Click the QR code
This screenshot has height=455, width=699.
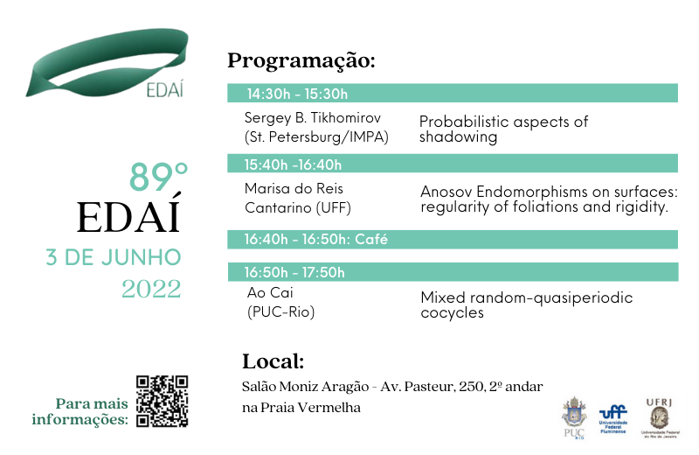click(162, 401)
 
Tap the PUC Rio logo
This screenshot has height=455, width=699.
click(574, 417)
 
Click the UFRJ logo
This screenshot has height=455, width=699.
click(660, 418)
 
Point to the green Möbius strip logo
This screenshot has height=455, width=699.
click(107, 62)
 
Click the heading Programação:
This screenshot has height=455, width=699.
click(301, 60)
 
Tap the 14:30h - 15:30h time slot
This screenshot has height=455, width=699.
click(297, 94)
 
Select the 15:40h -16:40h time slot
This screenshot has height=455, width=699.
click(293, 164)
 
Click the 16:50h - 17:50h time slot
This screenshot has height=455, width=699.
click(294, 272)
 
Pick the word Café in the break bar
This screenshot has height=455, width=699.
click(371, 240)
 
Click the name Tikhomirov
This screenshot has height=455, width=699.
click(345, 118)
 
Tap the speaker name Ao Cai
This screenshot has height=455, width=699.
click(270, 292)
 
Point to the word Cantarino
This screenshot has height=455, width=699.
click(278, 207)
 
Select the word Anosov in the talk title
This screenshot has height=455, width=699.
click(446, 192)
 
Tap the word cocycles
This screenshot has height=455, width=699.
click(452, 312)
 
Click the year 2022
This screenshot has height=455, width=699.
click(151, 290)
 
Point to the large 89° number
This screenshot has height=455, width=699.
click(158, 177)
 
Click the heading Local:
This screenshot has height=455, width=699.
click(273, 361)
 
